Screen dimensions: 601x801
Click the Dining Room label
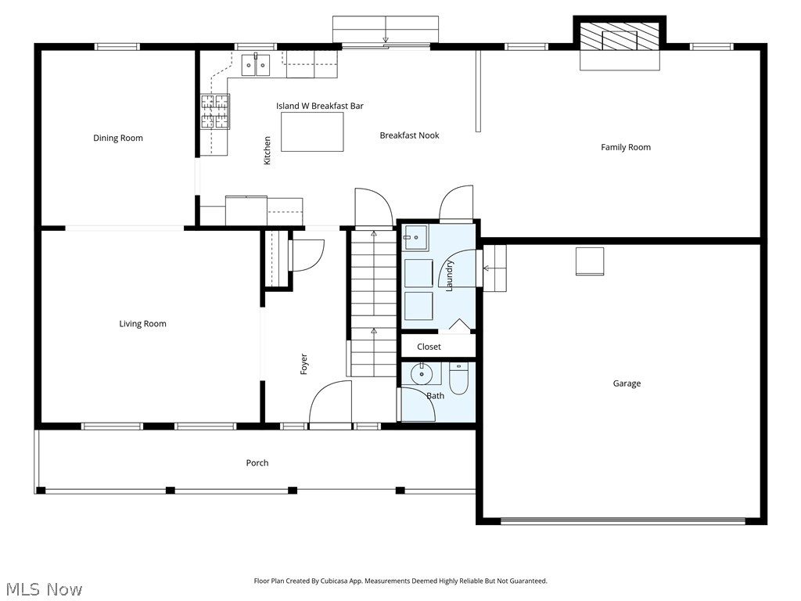pos(118,139)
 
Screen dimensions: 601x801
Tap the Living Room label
pos(142,324)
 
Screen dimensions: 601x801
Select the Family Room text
pos(625,147)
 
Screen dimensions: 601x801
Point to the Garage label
pos(627,383)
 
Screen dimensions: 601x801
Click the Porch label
pos(257,463)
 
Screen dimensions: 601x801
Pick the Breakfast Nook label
pos(409,135)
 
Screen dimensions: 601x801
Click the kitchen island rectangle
pos(312,131)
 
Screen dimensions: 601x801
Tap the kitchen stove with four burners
pos(216,111)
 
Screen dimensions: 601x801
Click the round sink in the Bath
pos(422,375)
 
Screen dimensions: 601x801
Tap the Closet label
pos(429,347)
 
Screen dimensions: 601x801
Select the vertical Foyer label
pos(304,364)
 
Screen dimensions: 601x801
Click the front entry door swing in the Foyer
pos(330,403)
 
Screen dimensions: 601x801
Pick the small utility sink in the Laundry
pos(415,236)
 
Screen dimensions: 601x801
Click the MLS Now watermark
pos(43,588)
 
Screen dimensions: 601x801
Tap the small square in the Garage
pos(590,261)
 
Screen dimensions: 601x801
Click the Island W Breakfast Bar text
pos(319,106)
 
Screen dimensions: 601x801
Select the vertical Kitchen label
pos(268,150)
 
